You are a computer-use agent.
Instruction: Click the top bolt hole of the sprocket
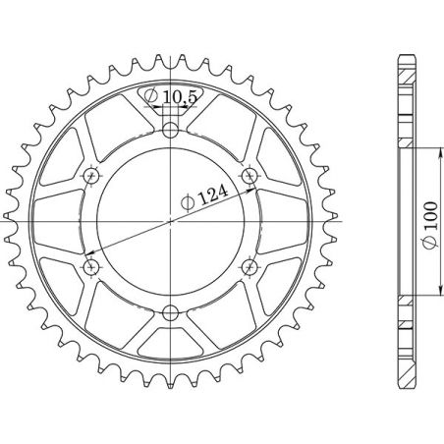point(172,128)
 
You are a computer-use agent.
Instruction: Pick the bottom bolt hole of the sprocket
point(172,313)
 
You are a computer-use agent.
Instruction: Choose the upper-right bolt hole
point(252,175)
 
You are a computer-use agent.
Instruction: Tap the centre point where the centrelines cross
point(172,221)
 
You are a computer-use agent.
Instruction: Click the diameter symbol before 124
point(187,204)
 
